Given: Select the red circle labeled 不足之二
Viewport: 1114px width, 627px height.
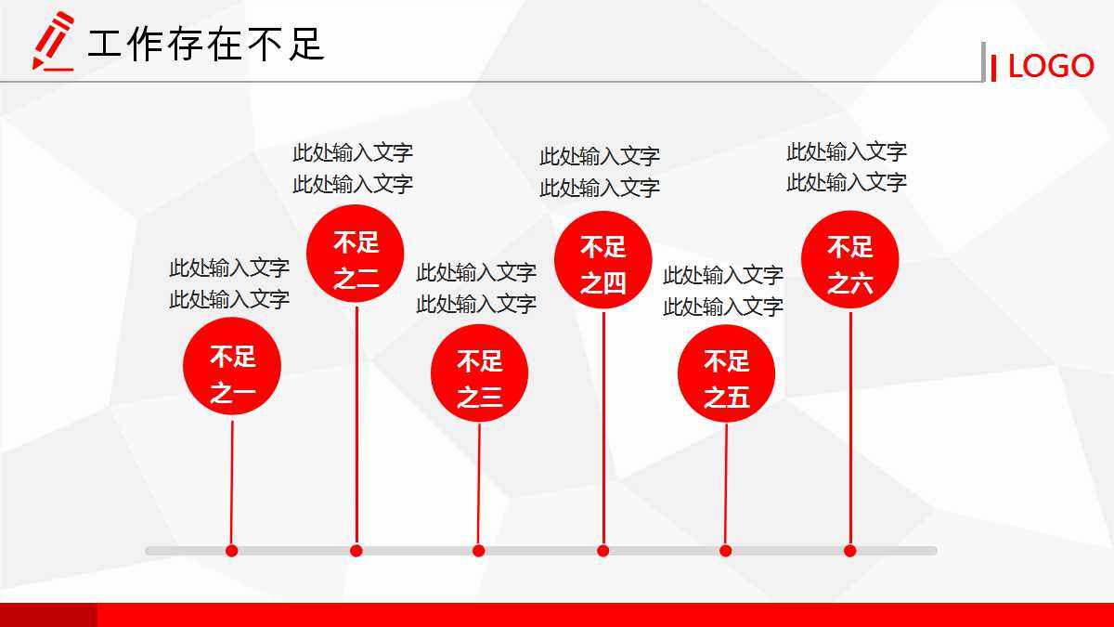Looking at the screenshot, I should (x=356, y=254).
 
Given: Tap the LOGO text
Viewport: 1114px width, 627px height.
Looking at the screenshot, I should (x=1051, y=66).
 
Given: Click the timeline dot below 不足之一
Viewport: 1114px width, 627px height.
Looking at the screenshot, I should (x=232, y=551).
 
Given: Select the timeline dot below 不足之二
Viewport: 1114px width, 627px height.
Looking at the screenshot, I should (x=356, y=551).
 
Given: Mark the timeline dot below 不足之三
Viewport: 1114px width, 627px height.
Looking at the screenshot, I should (x=479, y=551).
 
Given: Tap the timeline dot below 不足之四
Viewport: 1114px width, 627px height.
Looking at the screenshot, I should (x=603, y=551).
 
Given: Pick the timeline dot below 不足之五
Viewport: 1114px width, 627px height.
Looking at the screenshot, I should (x=726, y=551).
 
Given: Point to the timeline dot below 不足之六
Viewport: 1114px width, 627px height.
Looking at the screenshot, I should (x=850, y=551).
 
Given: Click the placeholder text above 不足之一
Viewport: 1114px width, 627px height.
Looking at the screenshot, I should (x=229, y=283).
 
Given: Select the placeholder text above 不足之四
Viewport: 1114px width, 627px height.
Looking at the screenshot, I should (x=600, y=172).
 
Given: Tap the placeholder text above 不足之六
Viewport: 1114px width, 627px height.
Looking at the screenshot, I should (x=847, y=167).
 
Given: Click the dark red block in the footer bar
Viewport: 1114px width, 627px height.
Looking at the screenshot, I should (x=48, y=615).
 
